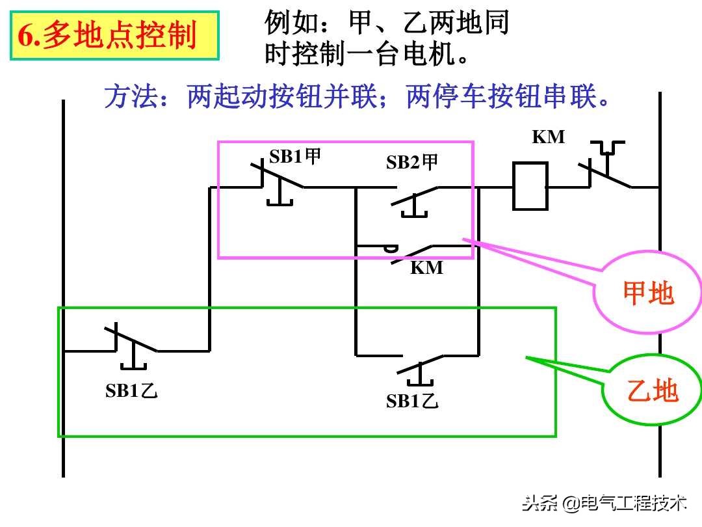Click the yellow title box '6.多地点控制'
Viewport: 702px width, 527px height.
[x=114, y=36]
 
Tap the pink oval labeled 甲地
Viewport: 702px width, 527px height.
[x=648, y=293]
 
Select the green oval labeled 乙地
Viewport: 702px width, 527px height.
[x=652, y=391]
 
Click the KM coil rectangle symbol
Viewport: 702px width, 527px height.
[x=530, y=186]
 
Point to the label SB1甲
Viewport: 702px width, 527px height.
[x=296, y=157]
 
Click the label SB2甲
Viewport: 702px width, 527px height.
[x=412, y=162]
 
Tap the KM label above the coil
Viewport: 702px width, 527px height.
[x=549, y=137]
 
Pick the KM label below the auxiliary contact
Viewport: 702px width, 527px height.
[x=426, y=267]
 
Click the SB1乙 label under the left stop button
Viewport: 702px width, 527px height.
[x=132, y=390]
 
